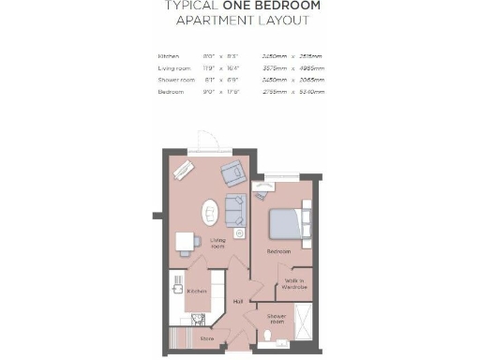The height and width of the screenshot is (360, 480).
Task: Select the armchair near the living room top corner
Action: point(231,173)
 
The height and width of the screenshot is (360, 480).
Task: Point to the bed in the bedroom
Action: point(286,223)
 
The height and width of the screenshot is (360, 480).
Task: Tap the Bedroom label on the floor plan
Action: point(278,251)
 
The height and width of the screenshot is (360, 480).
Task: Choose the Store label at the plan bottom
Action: point(206,338)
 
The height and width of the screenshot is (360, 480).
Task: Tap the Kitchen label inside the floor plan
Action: point(197,292)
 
